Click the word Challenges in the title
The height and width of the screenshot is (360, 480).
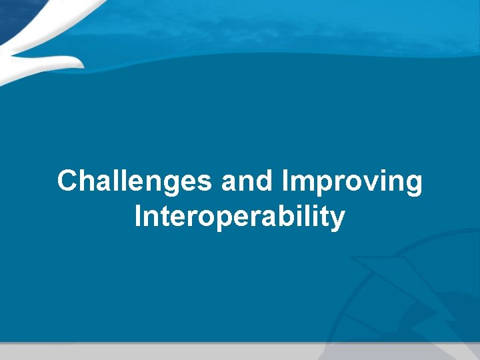click(x=135, y=181)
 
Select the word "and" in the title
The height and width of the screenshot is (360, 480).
click(x=247, y=181)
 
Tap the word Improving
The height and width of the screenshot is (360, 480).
click(x=352, y=181)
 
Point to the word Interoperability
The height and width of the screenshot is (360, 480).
click(x=239, y=217)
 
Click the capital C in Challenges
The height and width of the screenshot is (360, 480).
click(x=67, y=181)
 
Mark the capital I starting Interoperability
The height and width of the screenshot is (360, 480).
click(x=138, y=217)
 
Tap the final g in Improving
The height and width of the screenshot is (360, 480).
click(x=413, y=184)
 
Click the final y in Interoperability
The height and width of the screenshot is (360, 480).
click(x=337, y=220)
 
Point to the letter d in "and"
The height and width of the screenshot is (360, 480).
click(x=265, y=181)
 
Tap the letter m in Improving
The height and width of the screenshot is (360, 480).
click(x=301, y=183)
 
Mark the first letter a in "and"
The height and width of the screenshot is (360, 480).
click(x=229, y=183)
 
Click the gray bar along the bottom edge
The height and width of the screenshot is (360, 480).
click(x=240, y=351)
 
